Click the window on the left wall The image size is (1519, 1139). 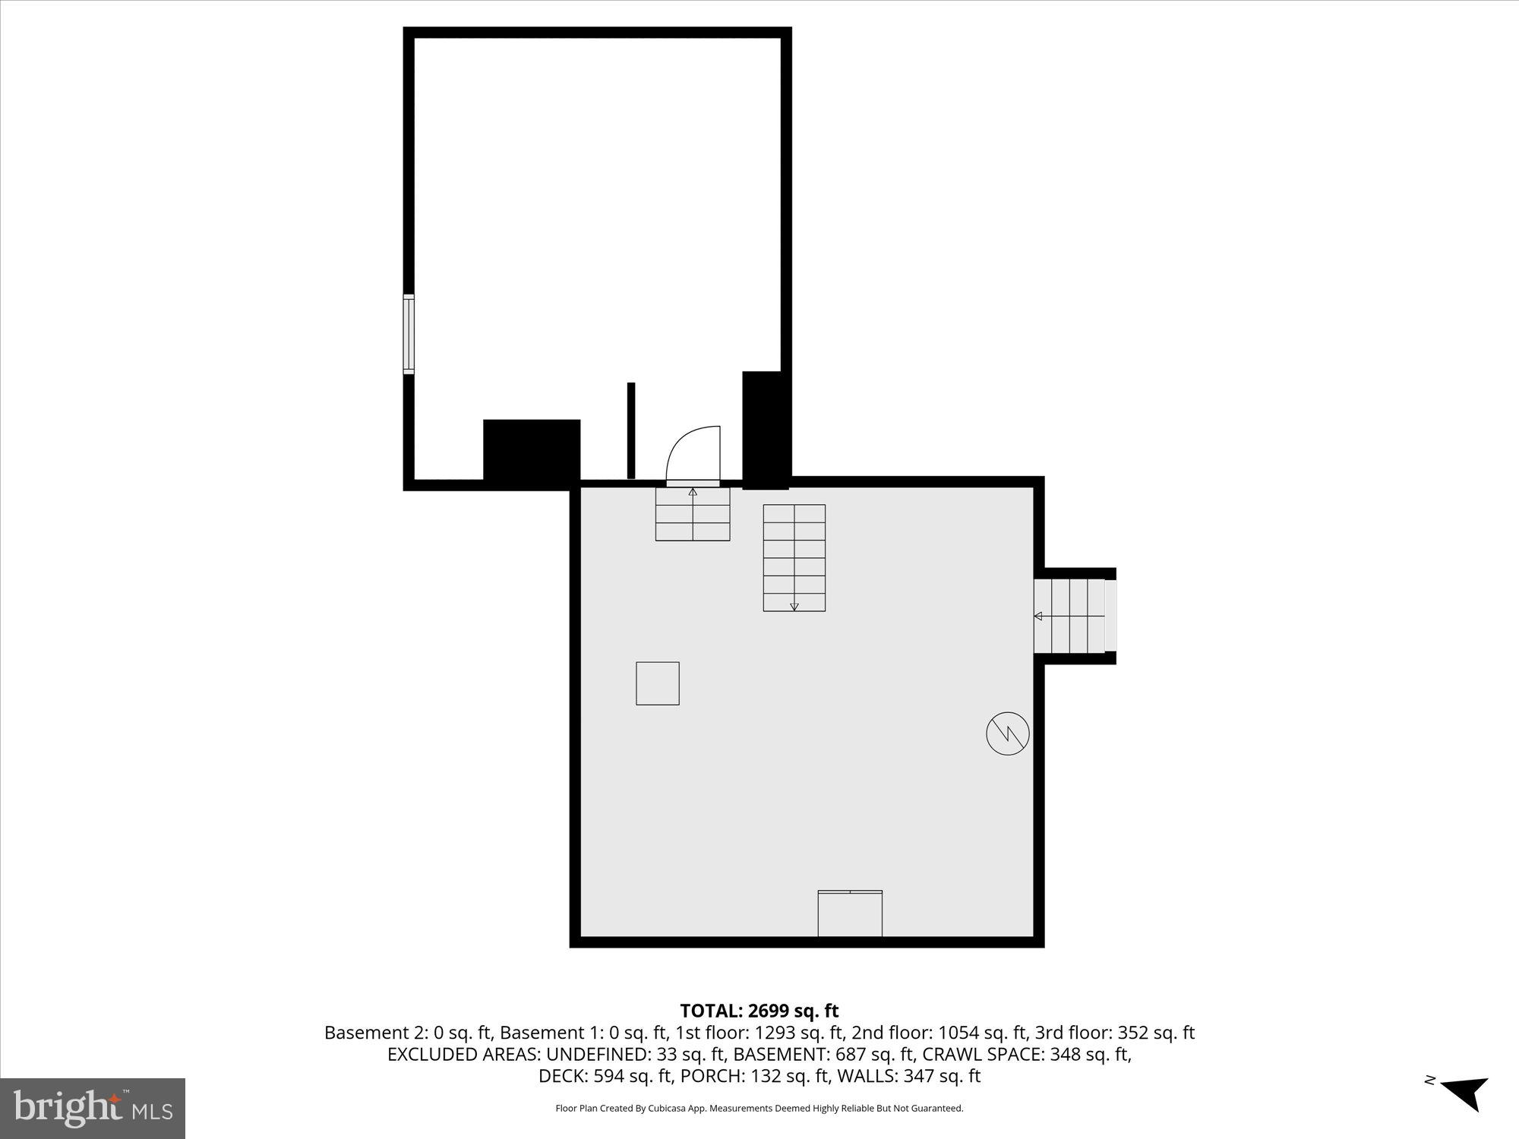coord(409,334)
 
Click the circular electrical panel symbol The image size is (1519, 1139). coord(1007,734)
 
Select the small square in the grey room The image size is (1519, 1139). coord(658,683)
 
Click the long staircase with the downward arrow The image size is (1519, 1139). coord(794,557)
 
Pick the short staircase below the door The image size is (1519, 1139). coord(693,514)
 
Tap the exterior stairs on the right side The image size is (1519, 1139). coord(1072,616)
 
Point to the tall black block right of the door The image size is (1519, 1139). coord(765,430)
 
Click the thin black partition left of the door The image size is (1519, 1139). coord(631,431)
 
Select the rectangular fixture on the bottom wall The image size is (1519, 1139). coord(850,913)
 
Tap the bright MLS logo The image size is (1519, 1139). coord(93,1108)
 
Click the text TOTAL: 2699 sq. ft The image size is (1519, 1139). coord(759,1011)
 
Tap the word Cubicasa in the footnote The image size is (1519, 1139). coord(668,1109)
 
